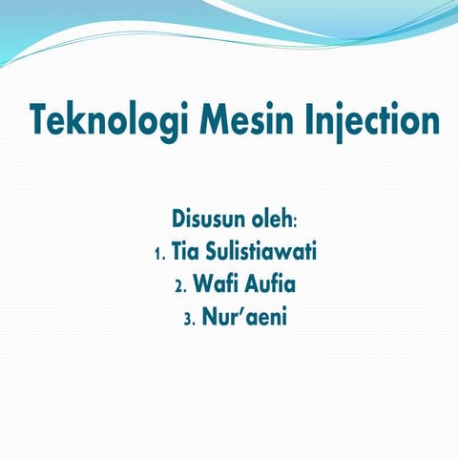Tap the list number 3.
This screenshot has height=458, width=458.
click(x=187, y=317)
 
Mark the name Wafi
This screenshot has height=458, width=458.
click(x=214, y=284)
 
